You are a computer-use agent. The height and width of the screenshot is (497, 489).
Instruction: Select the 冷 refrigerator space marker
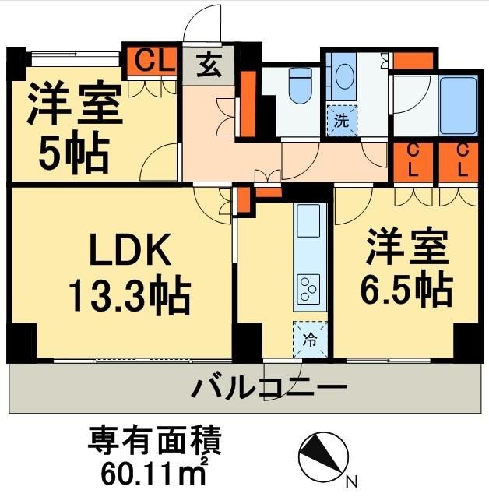tap(309, 339)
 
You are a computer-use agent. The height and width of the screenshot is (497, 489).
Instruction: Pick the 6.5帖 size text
tap(405, 290)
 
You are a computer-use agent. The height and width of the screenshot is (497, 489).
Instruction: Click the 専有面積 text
tap(156, 441)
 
